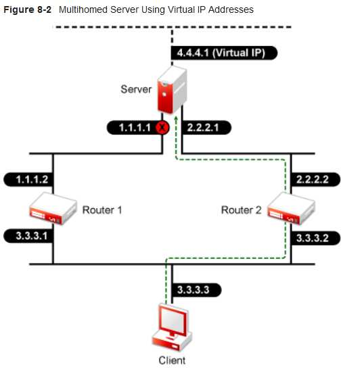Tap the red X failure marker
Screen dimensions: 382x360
(x=162, y=127)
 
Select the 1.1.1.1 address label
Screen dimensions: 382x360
(x=132, y=127)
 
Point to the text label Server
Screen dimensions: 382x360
(x=136, y=89)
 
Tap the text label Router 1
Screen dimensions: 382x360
(x=102, y=210)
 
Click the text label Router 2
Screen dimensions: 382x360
(x=241, y=210)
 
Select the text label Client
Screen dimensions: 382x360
(x=172, y=360)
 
